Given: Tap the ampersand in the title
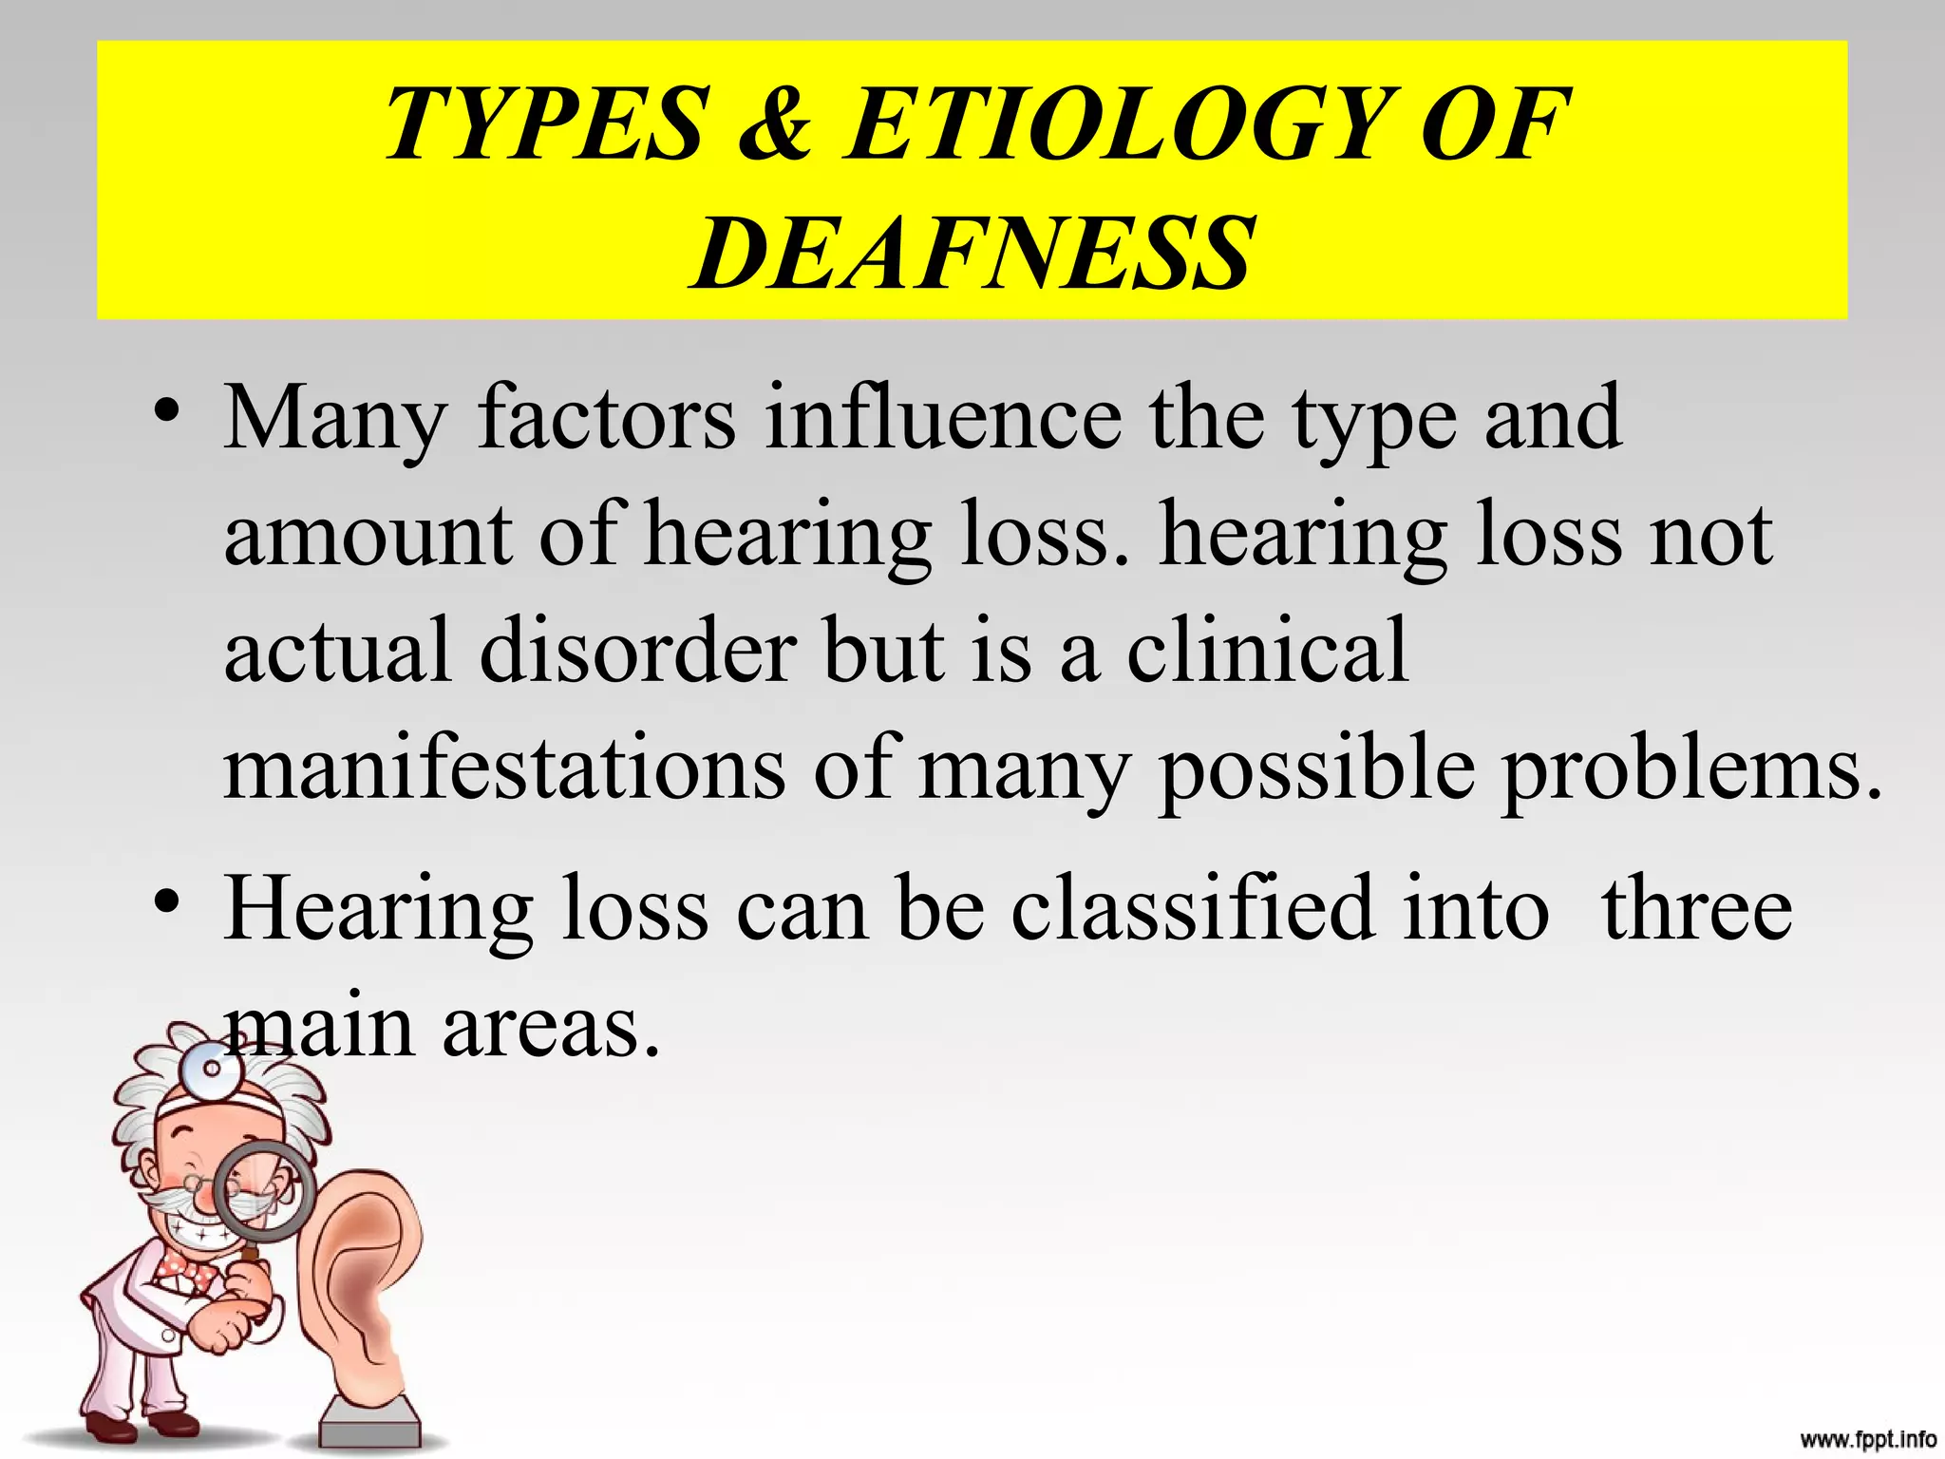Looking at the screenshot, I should click(x=774, y=123).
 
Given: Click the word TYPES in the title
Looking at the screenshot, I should click(x=546, y=123).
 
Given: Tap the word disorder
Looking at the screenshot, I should click(x=638, y=652).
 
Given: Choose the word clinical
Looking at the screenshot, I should click(x=1267, y=652).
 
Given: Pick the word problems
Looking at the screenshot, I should click(x=1690, y=769).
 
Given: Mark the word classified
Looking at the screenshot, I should click(x=1192, y=910).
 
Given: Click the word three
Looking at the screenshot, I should click(x=1697, y=910).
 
